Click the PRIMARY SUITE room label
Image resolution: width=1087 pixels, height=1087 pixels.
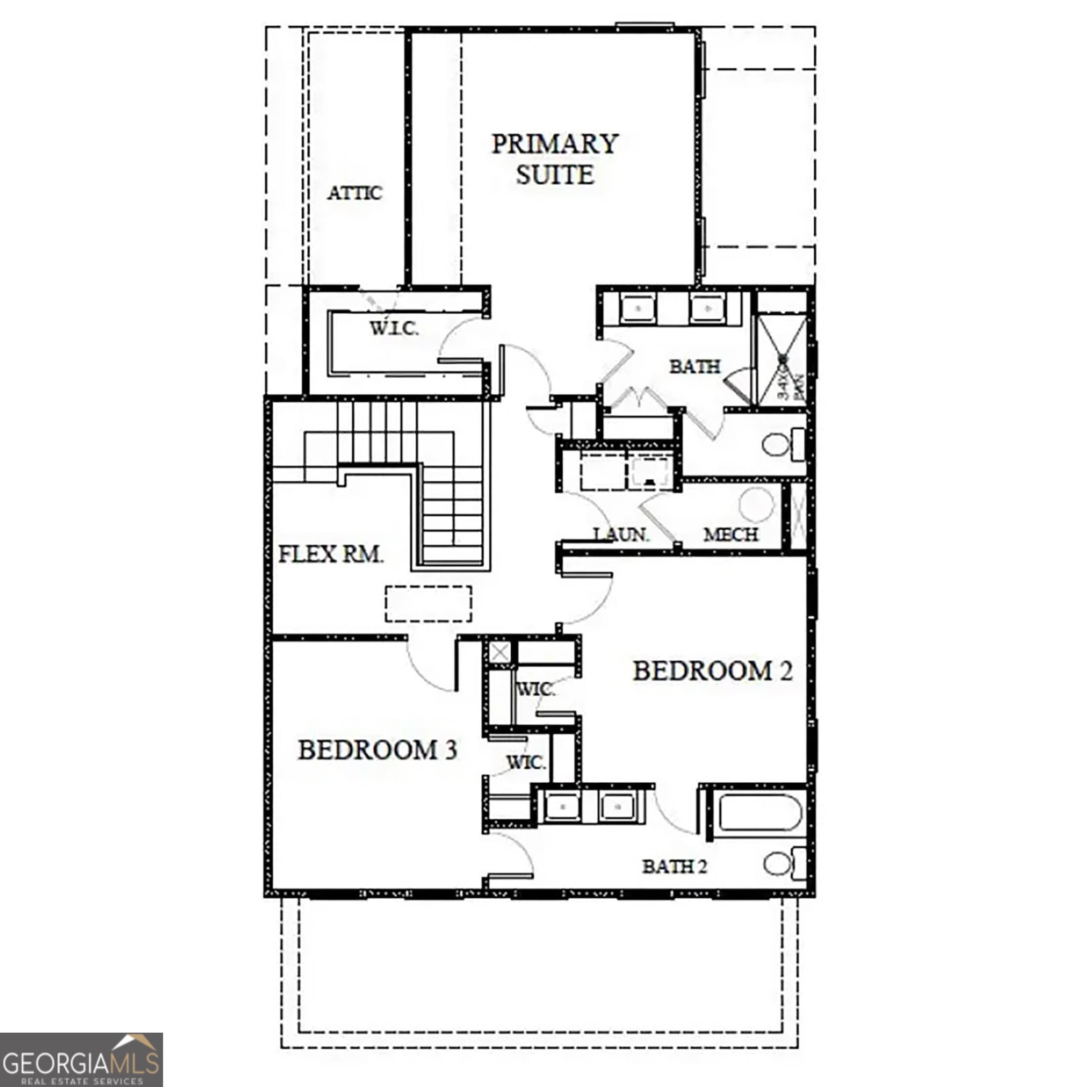click(x=555, y=159)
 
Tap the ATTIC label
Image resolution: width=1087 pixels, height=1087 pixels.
click(x=355, y=193)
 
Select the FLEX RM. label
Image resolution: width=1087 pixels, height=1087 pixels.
click(x=332, y=555)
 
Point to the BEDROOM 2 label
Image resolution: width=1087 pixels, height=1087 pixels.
click(x=712, y=670)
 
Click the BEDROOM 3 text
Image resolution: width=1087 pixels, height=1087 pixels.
click(x=377, y=750)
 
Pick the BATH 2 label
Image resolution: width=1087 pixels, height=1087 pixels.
click(x=674, y=867)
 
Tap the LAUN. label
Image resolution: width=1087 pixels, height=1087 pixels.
click(x=622, y=534)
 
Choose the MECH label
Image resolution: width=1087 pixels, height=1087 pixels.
click(x=731, y=534)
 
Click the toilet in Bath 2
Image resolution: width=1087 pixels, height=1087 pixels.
click(x=784, y=864)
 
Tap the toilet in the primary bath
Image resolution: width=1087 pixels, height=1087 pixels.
click(x=783, y=445)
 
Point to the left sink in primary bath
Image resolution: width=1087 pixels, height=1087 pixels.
click(x=637, y=309)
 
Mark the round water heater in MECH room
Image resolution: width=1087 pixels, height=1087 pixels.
click(x=757, y=504)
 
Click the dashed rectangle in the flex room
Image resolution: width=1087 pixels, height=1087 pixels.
click(x=428, y=604)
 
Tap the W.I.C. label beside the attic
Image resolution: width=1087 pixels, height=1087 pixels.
click(x=394, y=328)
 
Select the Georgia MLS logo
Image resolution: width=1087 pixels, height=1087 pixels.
click(x=82, y=1059)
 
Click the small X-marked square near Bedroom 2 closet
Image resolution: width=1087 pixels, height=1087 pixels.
click(x=500, y=653)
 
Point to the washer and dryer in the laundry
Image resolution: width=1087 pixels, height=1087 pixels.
click(x=626, y=473)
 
